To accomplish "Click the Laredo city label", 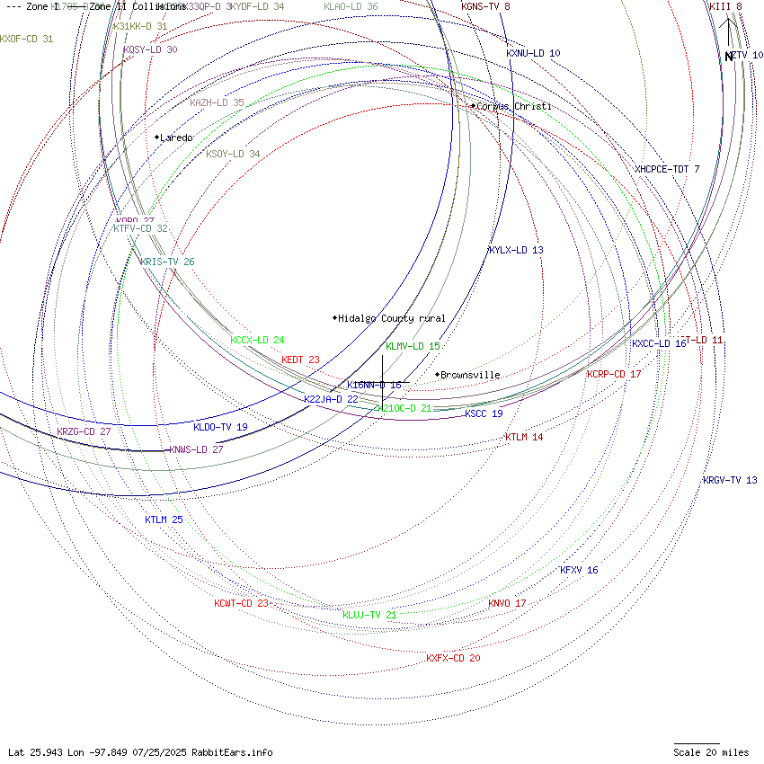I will coord(176,138).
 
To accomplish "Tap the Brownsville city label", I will coord(470,375).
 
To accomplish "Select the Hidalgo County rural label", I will coord(392,318).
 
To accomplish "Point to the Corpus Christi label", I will coord(513,106).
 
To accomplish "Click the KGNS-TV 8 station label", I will coord(485,6).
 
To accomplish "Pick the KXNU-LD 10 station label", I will coord(533,53).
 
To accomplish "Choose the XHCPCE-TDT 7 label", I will coord(667,169).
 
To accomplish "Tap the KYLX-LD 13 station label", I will coord(516,250).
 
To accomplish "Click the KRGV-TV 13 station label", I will coord(730,480).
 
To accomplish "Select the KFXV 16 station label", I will coord(579,570).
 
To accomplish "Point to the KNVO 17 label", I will coord(507,603).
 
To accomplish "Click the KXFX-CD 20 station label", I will coord(453,658).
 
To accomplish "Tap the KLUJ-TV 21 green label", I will coord(369,615).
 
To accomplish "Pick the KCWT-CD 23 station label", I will coord(241,603).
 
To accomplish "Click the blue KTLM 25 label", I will coord(164,520).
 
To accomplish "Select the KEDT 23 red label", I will coord(300,360).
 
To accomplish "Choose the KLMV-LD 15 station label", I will coord(413,346).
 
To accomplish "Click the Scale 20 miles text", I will coord(711,752).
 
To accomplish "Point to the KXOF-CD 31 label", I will coord(27,39).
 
